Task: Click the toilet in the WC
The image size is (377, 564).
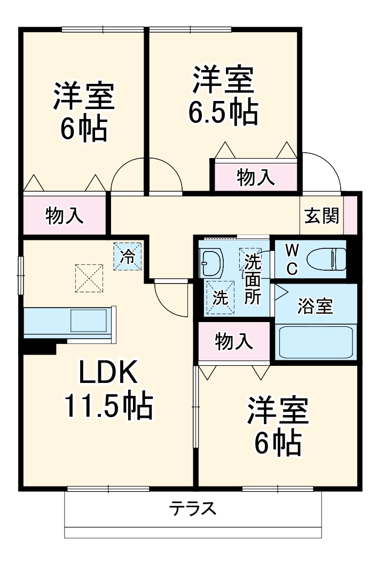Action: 326,258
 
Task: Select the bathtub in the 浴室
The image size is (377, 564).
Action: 316,342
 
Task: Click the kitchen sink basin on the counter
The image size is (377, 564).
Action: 89,320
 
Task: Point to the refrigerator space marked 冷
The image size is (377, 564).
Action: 127,256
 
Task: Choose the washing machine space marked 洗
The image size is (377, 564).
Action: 220,297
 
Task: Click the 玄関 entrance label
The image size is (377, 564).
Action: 321,215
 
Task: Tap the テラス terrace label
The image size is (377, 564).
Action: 193,508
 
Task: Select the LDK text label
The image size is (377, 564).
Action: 108,372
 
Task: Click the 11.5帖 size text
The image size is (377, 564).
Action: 108,406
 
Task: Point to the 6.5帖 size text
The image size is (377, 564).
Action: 223,112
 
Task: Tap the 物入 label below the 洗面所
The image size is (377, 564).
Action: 234,341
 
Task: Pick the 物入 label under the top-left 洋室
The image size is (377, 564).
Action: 65,215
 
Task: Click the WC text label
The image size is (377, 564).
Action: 292,259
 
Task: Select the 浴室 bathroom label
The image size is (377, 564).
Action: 315,306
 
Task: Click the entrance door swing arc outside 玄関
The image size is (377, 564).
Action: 332,162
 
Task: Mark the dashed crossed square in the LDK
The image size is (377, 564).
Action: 89,278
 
